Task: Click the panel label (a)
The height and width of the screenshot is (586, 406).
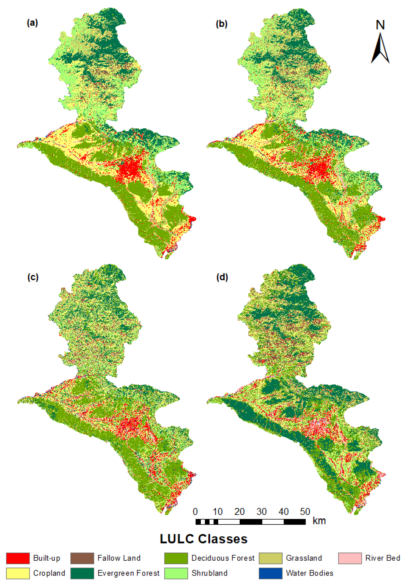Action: [x=32, y=23]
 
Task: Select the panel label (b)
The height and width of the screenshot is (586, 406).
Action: [x=221, y=24]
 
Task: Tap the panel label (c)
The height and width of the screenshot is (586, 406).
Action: [x=33, y=277]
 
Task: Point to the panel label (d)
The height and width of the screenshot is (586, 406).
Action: [x=222, y=277]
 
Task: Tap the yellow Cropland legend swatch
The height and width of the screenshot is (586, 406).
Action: [x=18, y=573]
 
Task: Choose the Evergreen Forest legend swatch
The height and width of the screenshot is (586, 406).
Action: [x=82, y=573]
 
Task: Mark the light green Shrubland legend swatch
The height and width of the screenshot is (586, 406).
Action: [x=176, y=573]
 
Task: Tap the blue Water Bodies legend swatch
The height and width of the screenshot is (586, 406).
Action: [x=271, y=573]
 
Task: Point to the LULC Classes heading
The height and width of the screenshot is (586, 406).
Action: [x=204, y=539]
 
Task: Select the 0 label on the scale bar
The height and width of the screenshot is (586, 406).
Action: [x=195, y=512]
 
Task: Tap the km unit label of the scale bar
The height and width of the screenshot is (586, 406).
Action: [x=319, y=521]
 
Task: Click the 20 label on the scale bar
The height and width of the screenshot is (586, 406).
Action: [x=239, y=512]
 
